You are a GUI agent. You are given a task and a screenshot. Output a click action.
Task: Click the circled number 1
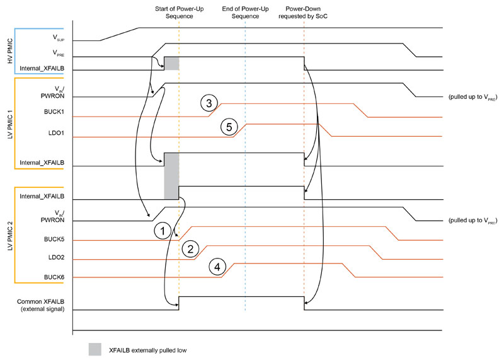[163, 231]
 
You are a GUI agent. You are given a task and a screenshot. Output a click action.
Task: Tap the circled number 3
[209, 103]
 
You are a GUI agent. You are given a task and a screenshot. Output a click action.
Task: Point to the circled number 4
[217, 267]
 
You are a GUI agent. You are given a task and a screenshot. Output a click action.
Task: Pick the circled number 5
[229, 127]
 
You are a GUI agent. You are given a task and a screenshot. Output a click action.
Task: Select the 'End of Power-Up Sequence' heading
[241, 13]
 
